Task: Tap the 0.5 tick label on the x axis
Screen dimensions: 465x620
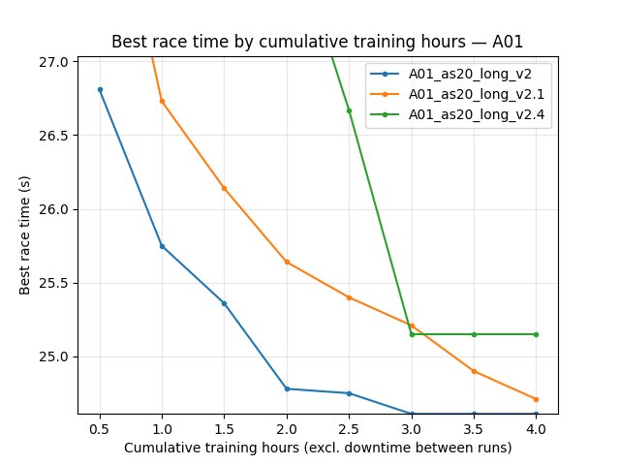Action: [x=100, y=427]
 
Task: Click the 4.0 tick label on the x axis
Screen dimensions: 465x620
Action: [x=536, y=427]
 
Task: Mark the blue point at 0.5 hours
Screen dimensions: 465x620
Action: [x=100, y=89]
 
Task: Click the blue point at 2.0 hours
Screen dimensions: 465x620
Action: [x=287, y=388]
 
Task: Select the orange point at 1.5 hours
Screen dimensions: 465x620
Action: [x=224, y=188]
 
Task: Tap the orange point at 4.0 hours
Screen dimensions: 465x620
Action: [x=536, y=399]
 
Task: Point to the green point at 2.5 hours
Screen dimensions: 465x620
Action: [x=349, y=110]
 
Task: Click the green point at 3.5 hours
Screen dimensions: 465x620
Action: [x=474, y=334]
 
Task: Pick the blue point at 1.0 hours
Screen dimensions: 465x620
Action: [x=162, y=246]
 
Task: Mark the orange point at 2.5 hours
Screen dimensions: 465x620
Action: [x=349, y=297]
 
